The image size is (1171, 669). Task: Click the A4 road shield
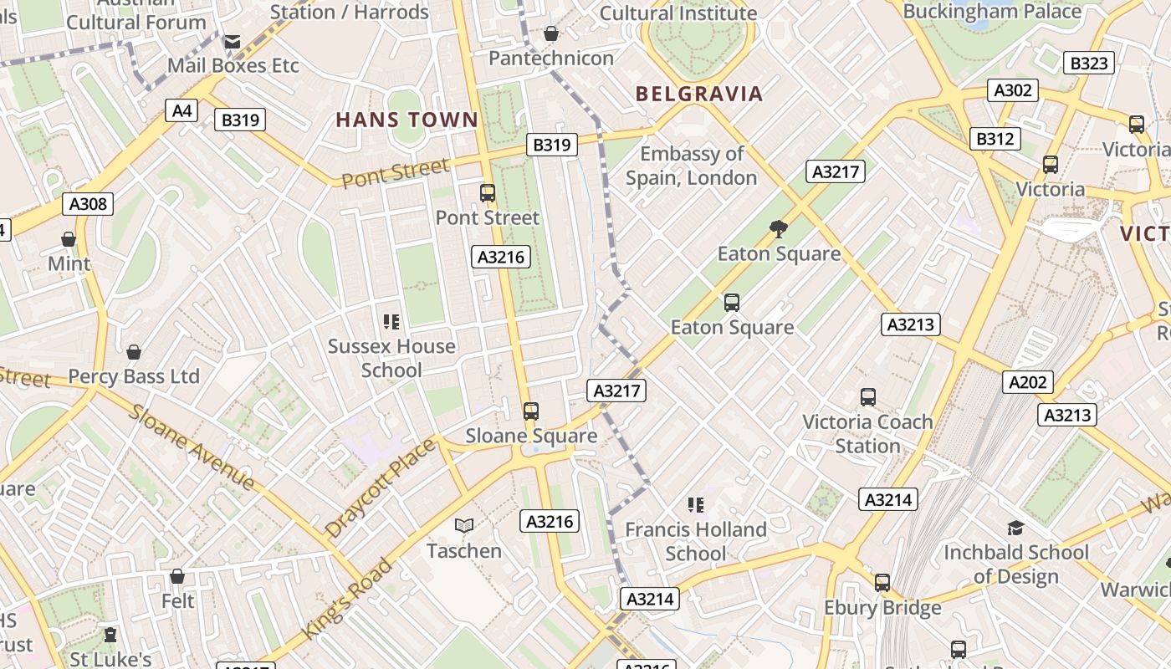click(x=182, y=110)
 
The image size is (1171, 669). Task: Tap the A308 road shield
click(x=88, y=204)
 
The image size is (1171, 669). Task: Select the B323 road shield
click(x=1089, y=63)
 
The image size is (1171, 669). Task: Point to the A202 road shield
click(x=1028, y=382)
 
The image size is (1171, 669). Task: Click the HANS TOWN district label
click(x=407, y=120)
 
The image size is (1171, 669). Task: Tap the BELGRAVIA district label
click(x=699, y=94)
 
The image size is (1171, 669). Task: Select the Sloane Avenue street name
click(x=192, y=448)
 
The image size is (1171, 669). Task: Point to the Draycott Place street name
click(x=381, y=488)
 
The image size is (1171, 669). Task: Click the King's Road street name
click(x=348, y=598)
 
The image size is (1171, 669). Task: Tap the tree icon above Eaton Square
click(x=779, y=228)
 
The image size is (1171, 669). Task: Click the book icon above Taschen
click(x=464, y=525)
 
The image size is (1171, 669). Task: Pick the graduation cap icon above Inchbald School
click(x=1016, y=528)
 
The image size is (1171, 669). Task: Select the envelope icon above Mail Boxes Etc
click(x=233, y=40)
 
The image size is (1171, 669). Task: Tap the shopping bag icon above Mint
click(x=69, y=239)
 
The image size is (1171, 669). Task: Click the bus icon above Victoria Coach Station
click(x=868, y=397)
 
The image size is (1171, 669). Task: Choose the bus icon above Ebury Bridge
click(x=882, y=583)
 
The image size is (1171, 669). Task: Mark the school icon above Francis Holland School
click(x=696, y=504)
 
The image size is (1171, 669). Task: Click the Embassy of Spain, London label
click(x=691, y=166)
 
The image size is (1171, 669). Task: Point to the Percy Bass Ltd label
click(x=134, y=376)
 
